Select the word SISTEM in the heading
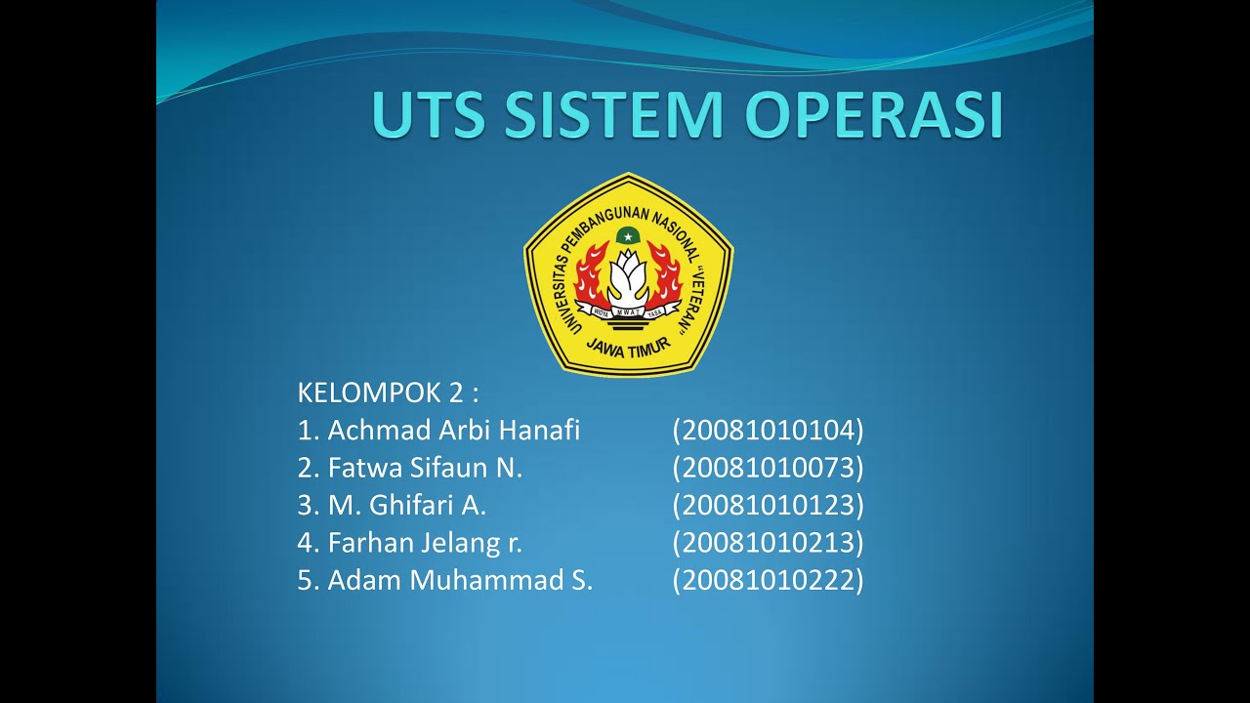pyautogui.click(x=612, y=115)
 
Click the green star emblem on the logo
pyautogui.click(x=628, y=235)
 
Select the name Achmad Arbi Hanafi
pyautogui.click(x=453, y=431)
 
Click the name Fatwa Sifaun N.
pyautogui.click(x=425, y=468)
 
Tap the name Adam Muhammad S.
pyautogui.click(x=460, y=580)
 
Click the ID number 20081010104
pyautogui.click(x=768, y=431)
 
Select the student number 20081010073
pyautogui.click(x=768, y=468)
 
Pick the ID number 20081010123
pyautogui.click(x=768, y=506)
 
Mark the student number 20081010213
pyautogui.click(x=768, y=543)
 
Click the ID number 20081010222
pyautogui.click(x=768, y=580)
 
